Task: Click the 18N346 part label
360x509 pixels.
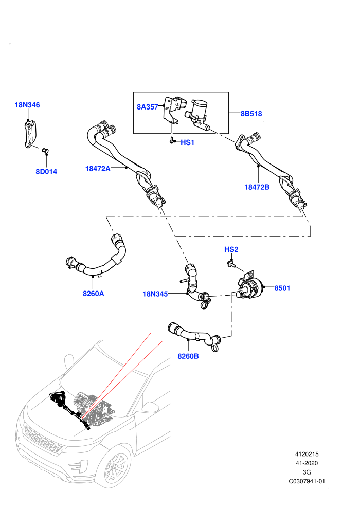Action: [27, 105]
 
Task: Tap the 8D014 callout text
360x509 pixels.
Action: [46, 171]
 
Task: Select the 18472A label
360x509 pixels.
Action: [98, 169]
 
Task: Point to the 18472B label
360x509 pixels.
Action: [257, 187]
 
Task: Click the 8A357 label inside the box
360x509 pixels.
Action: [148, 107]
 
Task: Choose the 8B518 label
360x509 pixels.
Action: [251, 114]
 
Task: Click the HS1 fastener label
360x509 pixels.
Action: [187, 142]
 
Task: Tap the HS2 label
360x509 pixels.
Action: [231, 249]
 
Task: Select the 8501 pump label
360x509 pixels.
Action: [282, 288]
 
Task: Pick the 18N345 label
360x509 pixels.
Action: [155, 294]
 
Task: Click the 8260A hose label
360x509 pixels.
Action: [94, 294]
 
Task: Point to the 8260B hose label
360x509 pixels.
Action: [188, 356]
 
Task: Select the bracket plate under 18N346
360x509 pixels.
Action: [30, 134]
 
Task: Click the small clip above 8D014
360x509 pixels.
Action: [45, 150]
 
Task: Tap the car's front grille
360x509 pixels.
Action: [43, 441]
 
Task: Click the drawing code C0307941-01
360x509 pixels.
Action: [307, 481]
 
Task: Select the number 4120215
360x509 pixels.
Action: [307, 454]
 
